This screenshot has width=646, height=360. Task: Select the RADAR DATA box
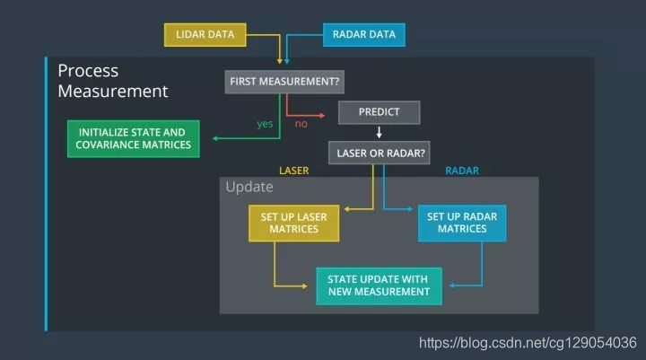pos(363,35)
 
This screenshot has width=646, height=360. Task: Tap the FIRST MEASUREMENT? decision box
pos(285,81)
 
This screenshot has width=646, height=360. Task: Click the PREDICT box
pos(378,112)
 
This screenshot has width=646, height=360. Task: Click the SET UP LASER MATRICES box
pos(293,223)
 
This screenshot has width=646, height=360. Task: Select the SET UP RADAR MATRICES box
pos(462,223)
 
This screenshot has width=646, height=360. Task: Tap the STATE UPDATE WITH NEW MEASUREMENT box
pos(378,285)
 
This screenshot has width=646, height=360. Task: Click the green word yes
pos(265,124)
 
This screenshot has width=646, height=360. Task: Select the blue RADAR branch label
pos(462,170)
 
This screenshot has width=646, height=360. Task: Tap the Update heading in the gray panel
pos(249,188)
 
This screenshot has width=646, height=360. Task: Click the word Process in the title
pos(88,70)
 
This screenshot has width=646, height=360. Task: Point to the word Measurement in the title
pos(112,91)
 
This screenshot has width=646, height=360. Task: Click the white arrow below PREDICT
pos(378,133)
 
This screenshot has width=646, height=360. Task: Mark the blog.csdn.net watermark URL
pos(528,342)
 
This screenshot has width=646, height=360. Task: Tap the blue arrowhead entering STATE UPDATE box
pos(452,285)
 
